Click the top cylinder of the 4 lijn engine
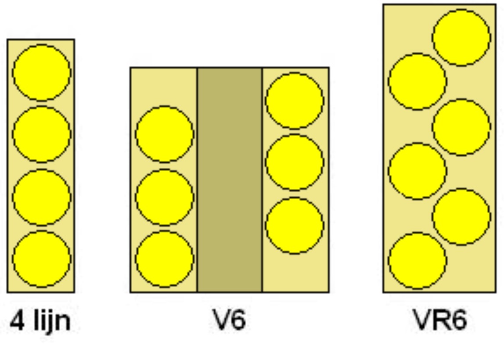pos(41,72)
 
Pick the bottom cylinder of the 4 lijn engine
pos(41,259)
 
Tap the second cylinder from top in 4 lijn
pos(41,134)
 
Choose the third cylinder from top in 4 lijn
pos(41,197)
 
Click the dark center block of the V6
pos(229,180)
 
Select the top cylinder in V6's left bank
pos(164,134)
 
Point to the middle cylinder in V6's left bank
pos(164,197)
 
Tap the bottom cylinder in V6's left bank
pos(164,259)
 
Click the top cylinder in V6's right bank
pos(294,101)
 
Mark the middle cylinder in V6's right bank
pos(294,162)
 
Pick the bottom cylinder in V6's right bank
pos(294,225)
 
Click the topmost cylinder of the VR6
pos(461,38)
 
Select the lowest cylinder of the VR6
pos(417,261)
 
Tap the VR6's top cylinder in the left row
pos(417,82)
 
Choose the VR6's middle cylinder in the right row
pos(461,127)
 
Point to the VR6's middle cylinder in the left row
pos(417,171)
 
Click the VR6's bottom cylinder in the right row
pos(461,216)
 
